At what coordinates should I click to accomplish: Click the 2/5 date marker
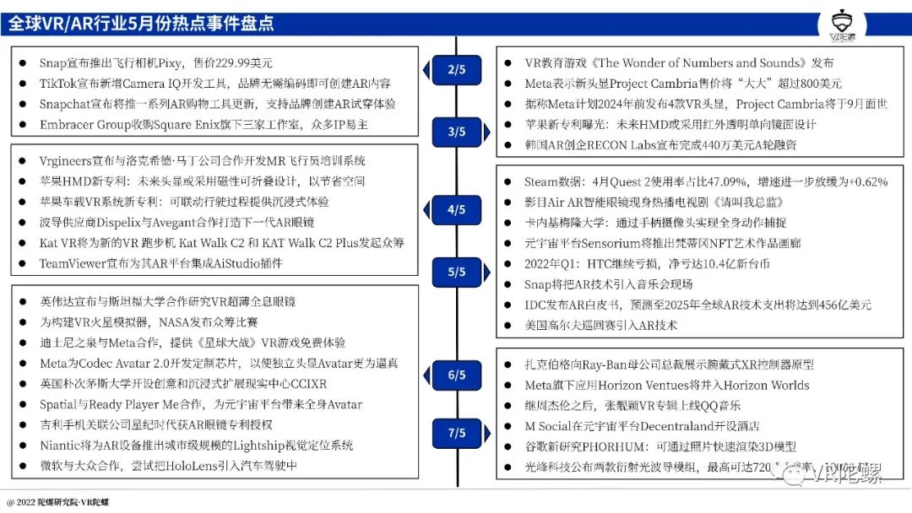pos(456,70)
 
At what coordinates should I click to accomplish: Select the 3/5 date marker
pos(456,132)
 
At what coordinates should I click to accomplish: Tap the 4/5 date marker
pos(456,209)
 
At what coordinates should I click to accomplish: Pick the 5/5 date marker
pos(456,272)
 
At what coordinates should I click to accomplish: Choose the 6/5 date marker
pos(456,375)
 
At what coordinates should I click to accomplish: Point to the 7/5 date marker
pos(456,433)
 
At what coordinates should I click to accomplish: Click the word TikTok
pos(58,84)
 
